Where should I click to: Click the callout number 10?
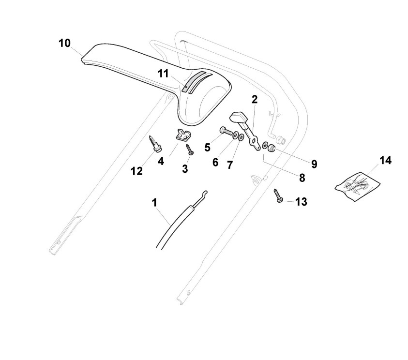pos(64,43)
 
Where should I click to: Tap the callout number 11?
pos(163,73)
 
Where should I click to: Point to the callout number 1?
pos(155,202)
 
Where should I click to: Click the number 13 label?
pos(301,202)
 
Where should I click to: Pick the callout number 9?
pos(314,164)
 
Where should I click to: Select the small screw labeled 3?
pos(190,150)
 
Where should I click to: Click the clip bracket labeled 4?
pos(182,136)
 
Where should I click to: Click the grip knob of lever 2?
pos(239,117)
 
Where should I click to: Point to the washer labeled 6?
pos(235,135)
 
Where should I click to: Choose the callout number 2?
pos(255,100)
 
